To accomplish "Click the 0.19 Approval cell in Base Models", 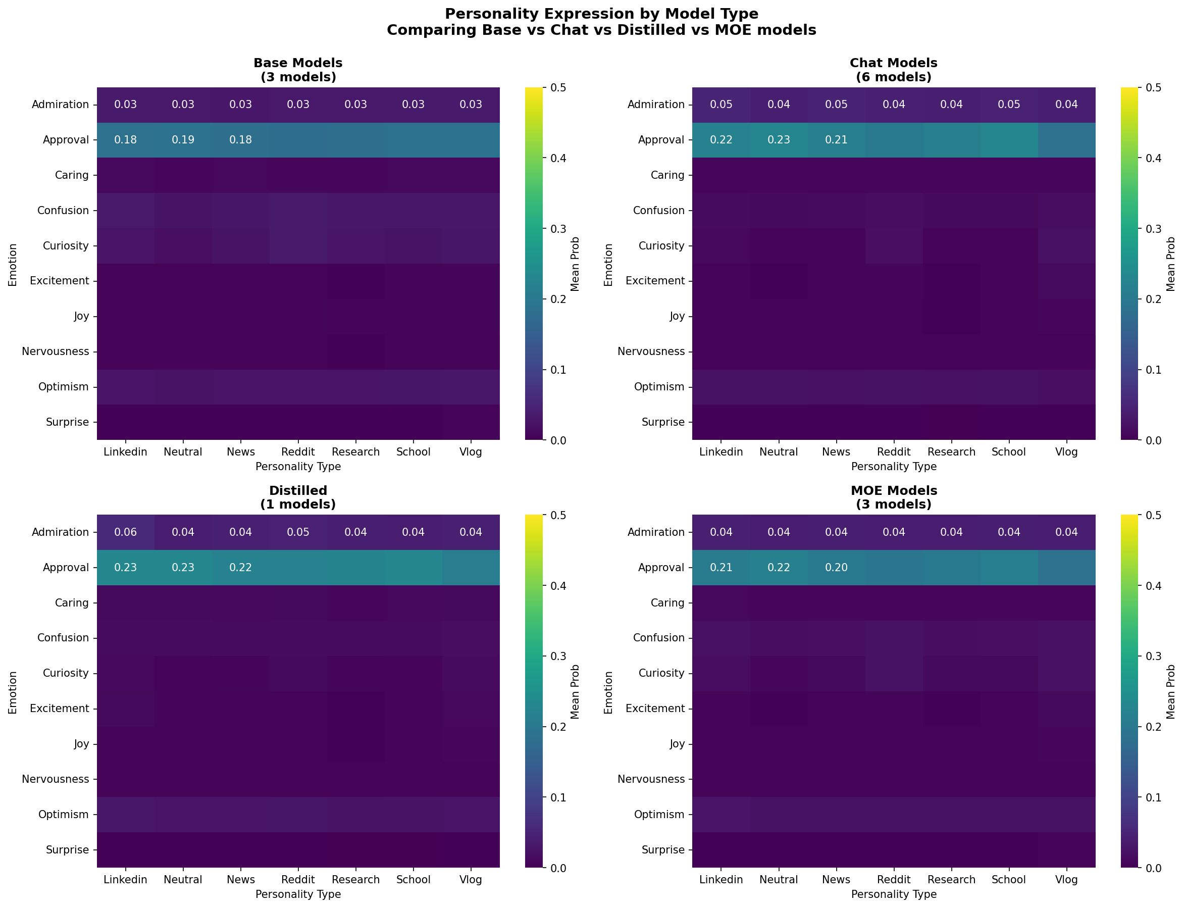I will (x=183, y=140).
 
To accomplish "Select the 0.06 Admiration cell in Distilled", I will (x=125, y=532).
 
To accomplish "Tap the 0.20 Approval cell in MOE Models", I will (x=836, y=568).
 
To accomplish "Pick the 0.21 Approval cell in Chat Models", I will (x=836, y=140).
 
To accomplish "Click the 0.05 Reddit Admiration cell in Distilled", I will (x=298, y=532).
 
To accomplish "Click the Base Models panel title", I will (x=298, y=70).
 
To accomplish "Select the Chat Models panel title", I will (x=893, y=70).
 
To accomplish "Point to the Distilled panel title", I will (x=298, y=497).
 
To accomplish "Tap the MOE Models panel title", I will (x=893, y=497).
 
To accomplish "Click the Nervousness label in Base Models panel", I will (x=56, y=351).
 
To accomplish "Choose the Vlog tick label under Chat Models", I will (x=1066, y=452).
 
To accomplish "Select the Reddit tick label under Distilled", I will (x=298, y=879).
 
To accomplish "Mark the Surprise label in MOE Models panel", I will (x=663, y=850).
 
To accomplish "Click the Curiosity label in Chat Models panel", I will (x=661, y=245).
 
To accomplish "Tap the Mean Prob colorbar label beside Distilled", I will (x=575, y=691).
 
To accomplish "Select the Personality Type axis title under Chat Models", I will (x=893, y=467).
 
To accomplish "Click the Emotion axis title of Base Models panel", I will (x=13, y=265).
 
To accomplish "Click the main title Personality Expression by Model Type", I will (x=601, y=14).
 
